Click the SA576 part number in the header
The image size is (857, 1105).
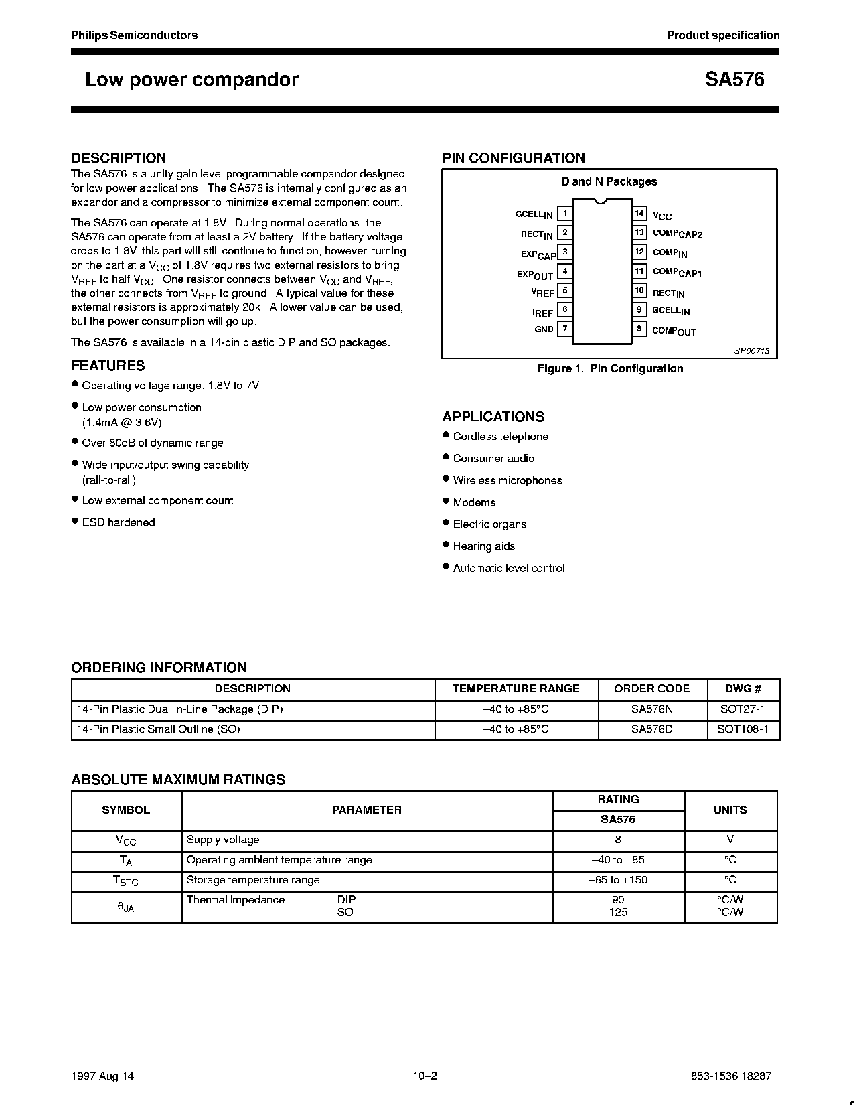(x=734, y=80)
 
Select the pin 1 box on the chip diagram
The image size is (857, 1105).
(x=564, y=214)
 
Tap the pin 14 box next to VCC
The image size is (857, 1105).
(x=639, y=214)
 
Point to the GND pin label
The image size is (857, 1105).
(x=544, y=329)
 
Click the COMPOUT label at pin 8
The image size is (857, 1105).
(x=674, y=331)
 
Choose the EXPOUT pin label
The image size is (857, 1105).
(x=534, y=275)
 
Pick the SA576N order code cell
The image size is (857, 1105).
(x=651, y=709)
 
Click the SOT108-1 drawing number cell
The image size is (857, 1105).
(x=743, y=729)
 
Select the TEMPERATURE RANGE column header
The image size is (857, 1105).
(x=516, y=689)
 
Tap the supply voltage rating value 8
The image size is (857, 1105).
(x=618, y=840)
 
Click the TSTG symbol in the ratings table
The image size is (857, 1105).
(x=125, y=881)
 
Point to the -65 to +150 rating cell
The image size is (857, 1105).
(x=618, y=880)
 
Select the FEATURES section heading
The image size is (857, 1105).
(x=108, y=366)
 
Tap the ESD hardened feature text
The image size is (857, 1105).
(x=118, y=522)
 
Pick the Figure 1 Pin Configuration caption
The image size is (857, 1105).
(x=610, y=369)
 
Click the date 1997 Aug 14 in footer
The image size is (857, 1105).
(x=102, y=1076)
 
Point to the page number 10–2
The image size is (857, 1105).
(x=424, y=1076)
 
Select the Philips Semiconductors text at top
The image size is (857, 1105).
(x=135, y=35)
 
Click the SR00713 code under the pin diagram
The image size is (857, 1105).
(x=752, y=351)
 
